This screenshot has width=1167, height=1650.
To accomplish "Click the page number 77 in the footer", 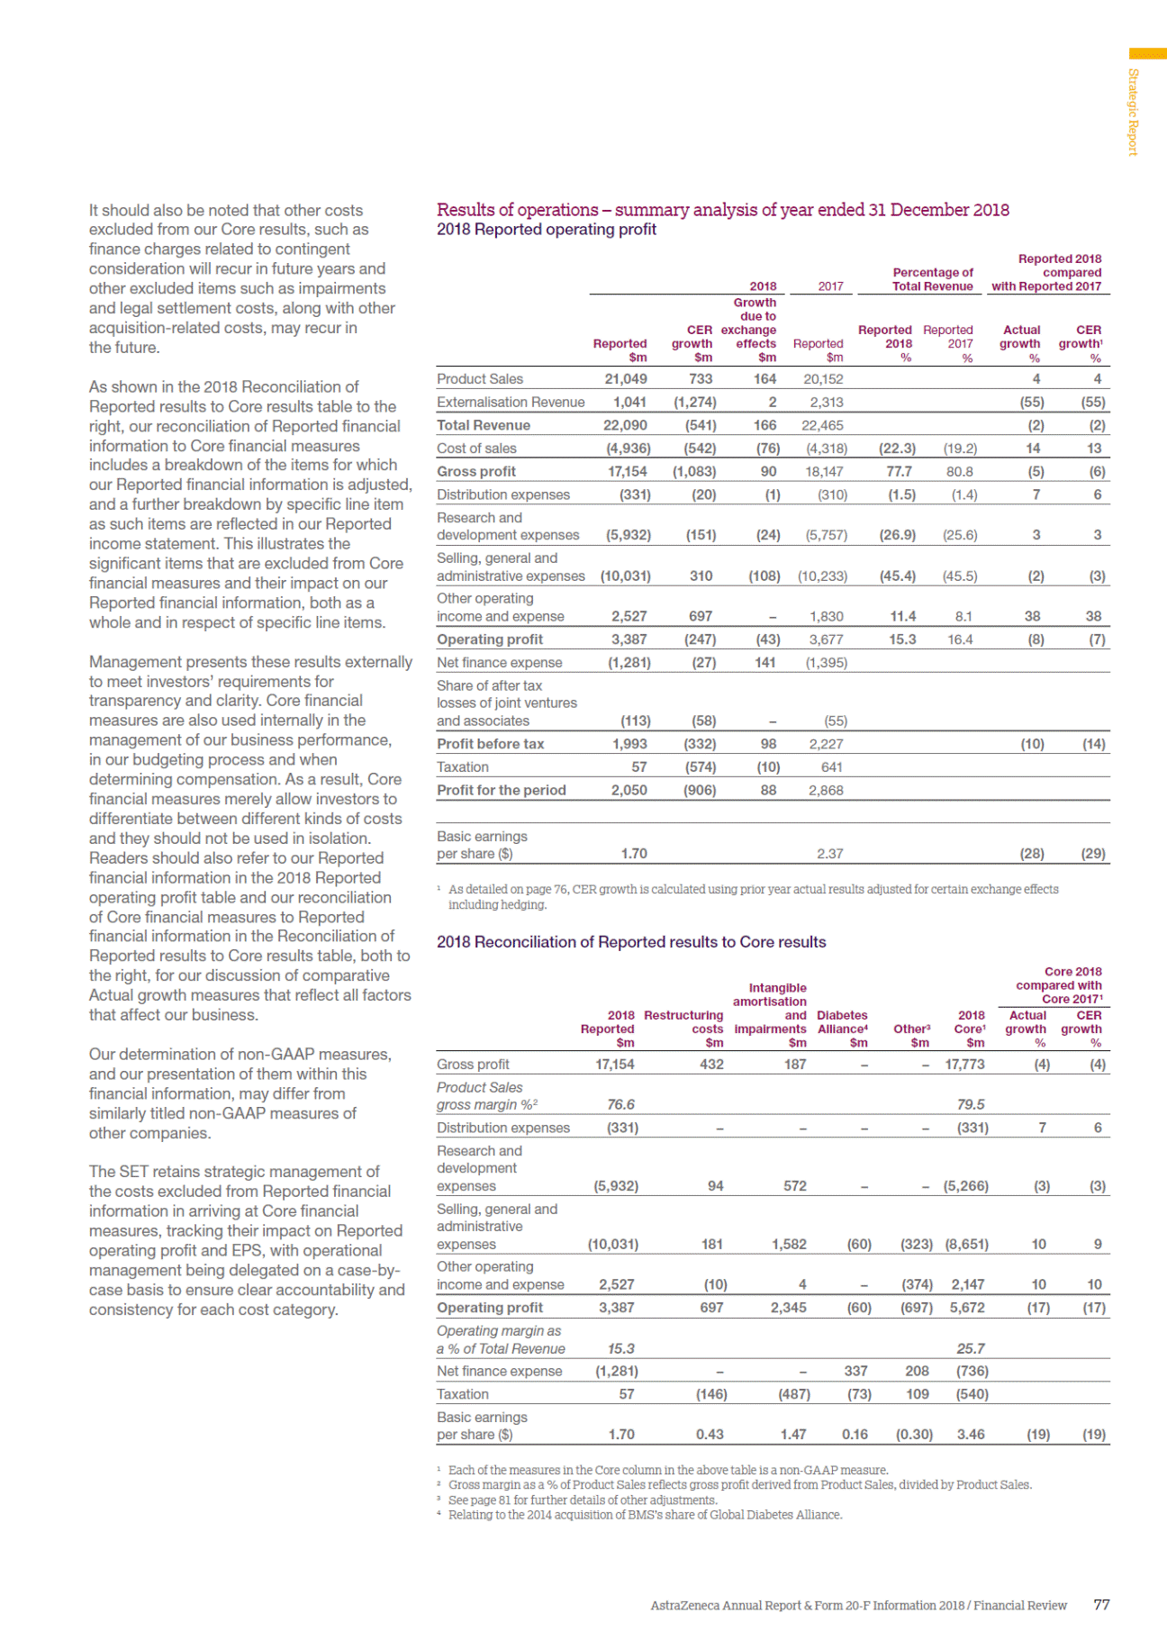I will [x=1101, y=1605].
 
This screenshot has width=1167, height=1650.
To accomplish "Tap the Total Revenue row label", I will [x=484, y=425].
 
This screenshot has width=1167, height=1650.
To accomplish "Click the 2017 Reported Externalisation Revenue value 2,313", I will [x=826, y=403].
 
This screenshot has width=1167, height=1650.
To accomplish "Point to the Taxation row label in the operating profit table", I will [x=463, y=767].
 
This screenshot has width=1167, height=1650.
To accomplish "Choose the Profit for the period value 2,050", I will [x=629, y=790].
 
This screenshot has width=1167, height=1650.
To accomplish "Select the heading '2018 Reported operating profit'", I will [x=547, y=230].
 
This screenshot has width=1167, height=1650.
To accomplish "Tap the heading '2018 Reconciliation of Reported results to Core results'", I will [x=631, y=942].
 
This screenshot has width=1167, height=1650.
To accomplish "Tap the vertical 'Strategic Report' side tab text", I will [x=1134, y=112].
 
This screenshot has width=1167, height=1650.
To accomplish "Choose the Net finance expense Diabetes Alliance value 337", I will [x=855, y=1371].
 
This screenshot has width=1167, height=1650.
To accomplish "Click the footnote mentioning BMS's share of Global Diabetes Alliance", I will [x=645, y=1515].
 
